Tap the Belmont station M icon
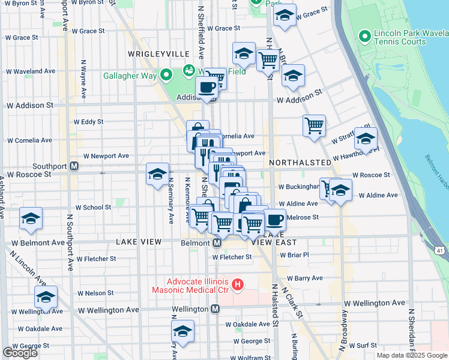(218, 243)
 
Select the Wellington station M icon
(215, 309)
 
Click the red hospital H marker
(238, 284)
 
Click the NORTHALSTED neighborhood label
(300, 163)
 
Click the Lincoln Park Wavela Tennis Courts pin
(364, 37)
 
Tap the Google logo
(20, 353)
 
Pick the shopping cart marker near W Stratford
(314, 126)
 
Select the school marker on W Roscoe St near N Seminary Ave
(157, 174)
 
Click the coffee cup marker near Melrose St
(275, 219)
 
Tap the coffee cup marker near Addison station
(207, 86)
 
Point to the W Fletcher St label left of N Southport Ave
(96, 259)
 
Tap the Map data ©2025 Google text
(412, 355)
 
